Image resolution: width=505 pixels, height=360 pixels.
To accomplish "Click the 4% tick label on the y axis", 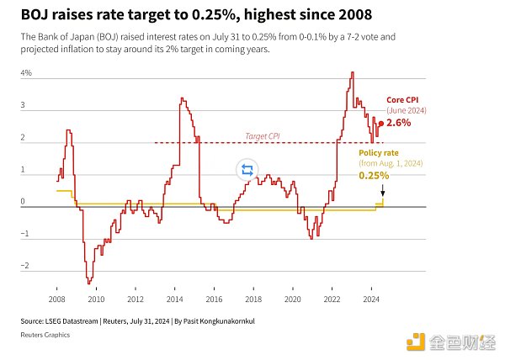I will [26, 74].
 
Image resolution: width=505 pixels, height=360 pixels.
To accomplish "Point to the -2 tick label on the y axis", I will [25, 266].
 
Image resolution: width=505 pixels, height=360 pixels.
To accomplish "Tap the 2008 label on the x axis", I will [57, 299].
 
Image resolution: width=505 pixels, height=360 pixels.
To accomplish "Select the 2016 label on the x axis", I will [214, 299].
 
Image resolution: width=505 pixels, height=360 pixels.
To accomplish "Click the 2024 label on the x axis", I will [370, 299].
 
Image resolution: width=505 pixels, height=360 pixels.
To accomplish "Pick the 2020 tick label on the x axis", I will [292, 299].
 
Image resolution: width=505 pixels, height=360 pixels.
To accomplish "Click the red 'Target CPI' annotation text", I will [262, 136].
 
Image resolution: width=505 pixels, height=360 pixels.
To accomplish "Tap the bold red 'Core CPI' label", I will [402, 100].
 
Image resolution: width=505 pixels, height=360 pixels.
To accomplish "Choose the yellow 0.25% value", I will [374, 176].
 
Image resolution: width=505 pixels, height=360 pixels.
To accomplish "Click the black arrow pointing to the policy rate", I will [383, 191].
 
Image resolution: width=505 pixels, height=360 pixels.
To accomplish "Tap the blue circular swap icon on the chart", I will [247, 170].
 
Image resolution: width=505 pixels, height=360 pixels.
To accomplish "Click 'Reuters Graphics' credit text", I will [46, 335].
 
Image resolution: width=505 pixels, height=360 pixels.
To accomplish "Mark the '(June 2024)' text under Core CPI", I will [407, 110].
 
